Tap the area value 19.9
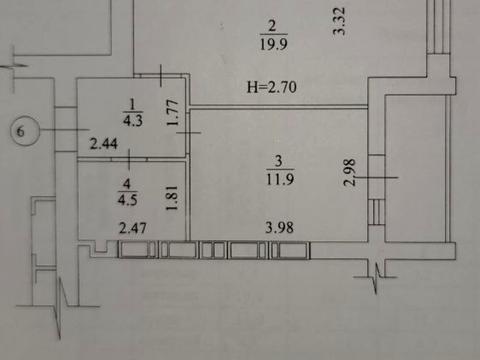pyautogui.click(x=273, y=44)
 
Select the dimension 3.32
pyautogui.click(x=339, y=21)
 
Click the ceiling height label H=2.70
pyautogui.click(x=272, y=87)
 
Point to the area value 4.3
pyautogui.click(x=133, y=120)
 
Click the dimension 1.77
pyautogui.click(x=173, y=112)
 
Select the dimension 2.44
pyautogui.click(x=104, y=144)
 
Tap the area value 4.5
pyautogui.click(x=128, y=199)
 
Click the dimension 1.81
pyautogui.click(x=172, y=198)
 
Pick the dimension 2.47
pyautogui.click(x=133, y=228)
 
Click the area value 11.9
pyautogui.click(x=280, y=179)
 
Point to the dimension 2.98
pyautogui.click(x=350, y=172)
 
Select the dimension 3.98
pyautogui.click(x=279, y=228)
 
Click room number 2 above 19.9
pyautogui.click(x=272, y=26)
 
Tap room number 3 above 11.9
pyautogui.click(x=279, y=161)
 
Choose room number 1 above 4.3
pyautogui.click(x=132, y=104)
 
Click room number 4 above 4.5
pyautogui.click(x=127, y=183)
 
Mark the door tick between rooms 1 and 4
pyautogui.click(x=129, y=159)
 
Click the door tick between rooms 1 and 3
pyautogui.click(x=189, y=133)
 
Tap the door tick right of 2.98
pyautogui.click(x=377, y=178)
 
